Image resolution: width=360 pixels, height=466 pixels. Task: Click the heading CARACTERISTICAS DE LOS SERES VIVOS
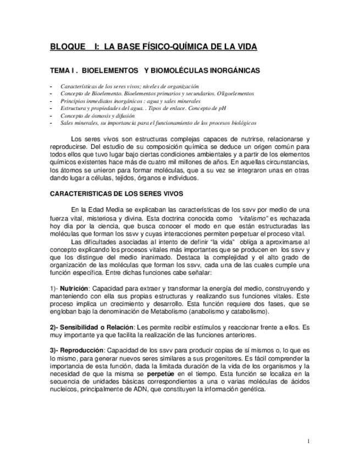[x=117, y=194]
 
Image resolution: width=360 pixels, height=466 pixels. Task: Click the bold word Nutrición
[x=74, y=288]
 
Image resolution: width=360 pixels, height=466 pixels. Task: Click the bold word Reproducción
[x=81, y=349]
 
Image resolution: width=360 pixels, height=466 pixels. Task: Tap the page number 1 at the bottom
[x=309, y=441]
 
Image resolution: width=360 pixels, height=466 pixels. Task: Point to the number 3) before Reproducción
[x=53, y=349]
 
